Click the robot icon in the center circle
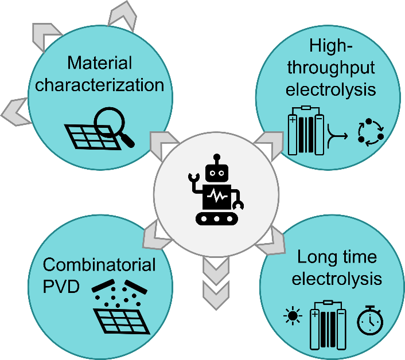pos(217,190)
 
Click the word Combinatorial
pos(99,265)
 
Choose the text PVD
pos(60,285)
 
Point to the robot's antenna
pos(216,158)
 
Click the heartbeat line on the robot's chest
pos(217,196)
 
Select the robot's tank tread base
pos(217,218)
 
